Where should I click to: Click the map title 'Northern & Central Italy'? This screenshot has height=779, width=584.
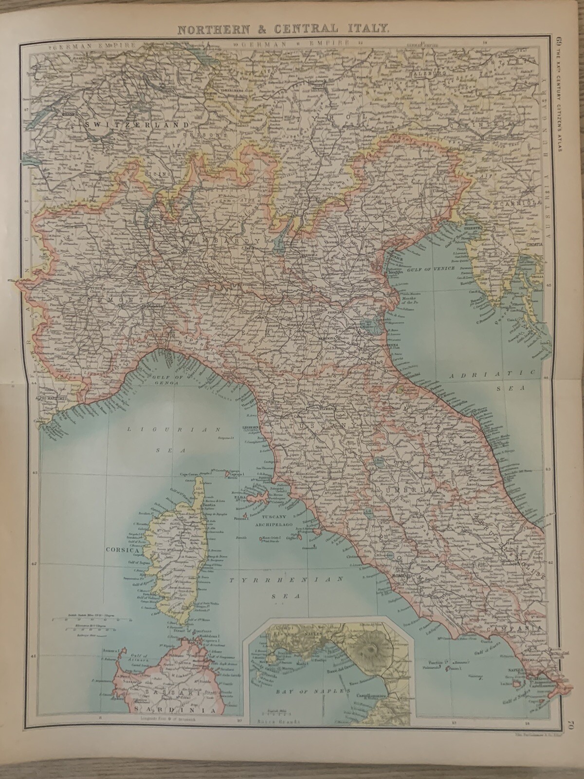tap(283, 29)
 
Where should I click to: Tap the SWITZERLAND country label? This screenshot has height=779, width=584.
tap(136, 125)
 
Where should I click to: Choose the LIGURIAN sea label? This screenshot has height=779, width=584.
tap(174, 430)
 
